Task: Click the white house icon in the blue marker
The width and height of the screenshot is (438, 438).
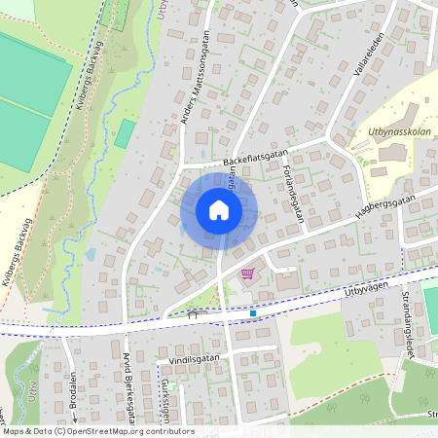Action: (219, 209)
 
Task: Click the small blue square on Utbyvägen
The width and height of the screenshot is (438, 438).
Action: (253, 313)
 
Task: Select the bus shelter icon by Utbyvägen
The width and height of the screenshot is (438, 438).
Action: (192, 314)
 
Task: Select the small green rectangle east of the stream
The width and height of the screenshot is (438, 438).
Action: (125, 133)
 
